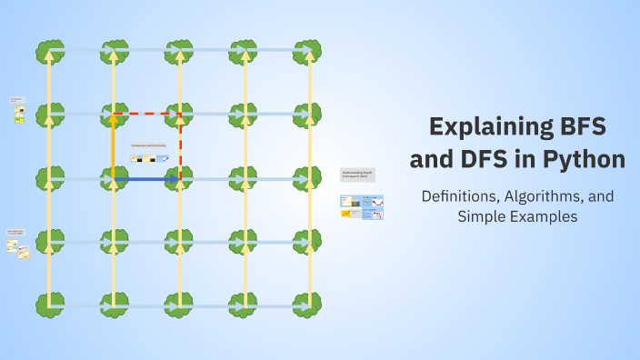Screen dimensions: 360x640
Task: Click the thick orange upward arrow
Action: (114, 145)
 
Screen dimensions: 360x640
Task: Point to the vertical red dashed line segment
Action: (180, 145)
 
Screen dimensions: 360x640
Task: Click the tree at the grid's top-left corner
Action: (50, 51)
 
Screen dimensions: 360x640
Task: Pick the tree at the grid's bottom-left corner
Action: (50, 305)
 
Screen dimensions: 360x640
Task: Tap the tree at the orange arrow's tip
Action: (115, 115)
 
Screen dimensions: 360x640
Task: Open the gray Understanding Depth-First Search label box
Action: (357, 175)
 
